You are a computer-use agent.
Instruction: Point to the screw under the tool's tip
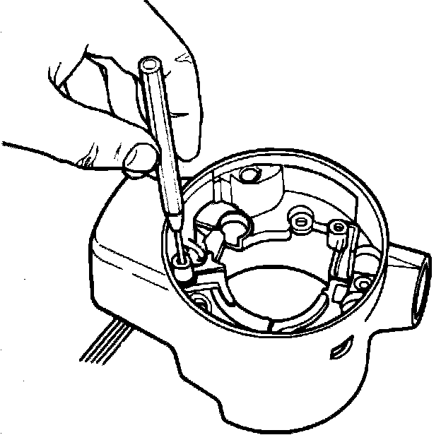pyautogui.click(x=182, y=263)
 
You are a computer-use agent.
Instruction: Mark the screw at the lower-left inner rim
pyautogui.click(x=200, y=304)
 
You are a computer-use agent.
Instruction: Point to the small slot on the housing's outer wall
pyautogui.click(x=342, y=347)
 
